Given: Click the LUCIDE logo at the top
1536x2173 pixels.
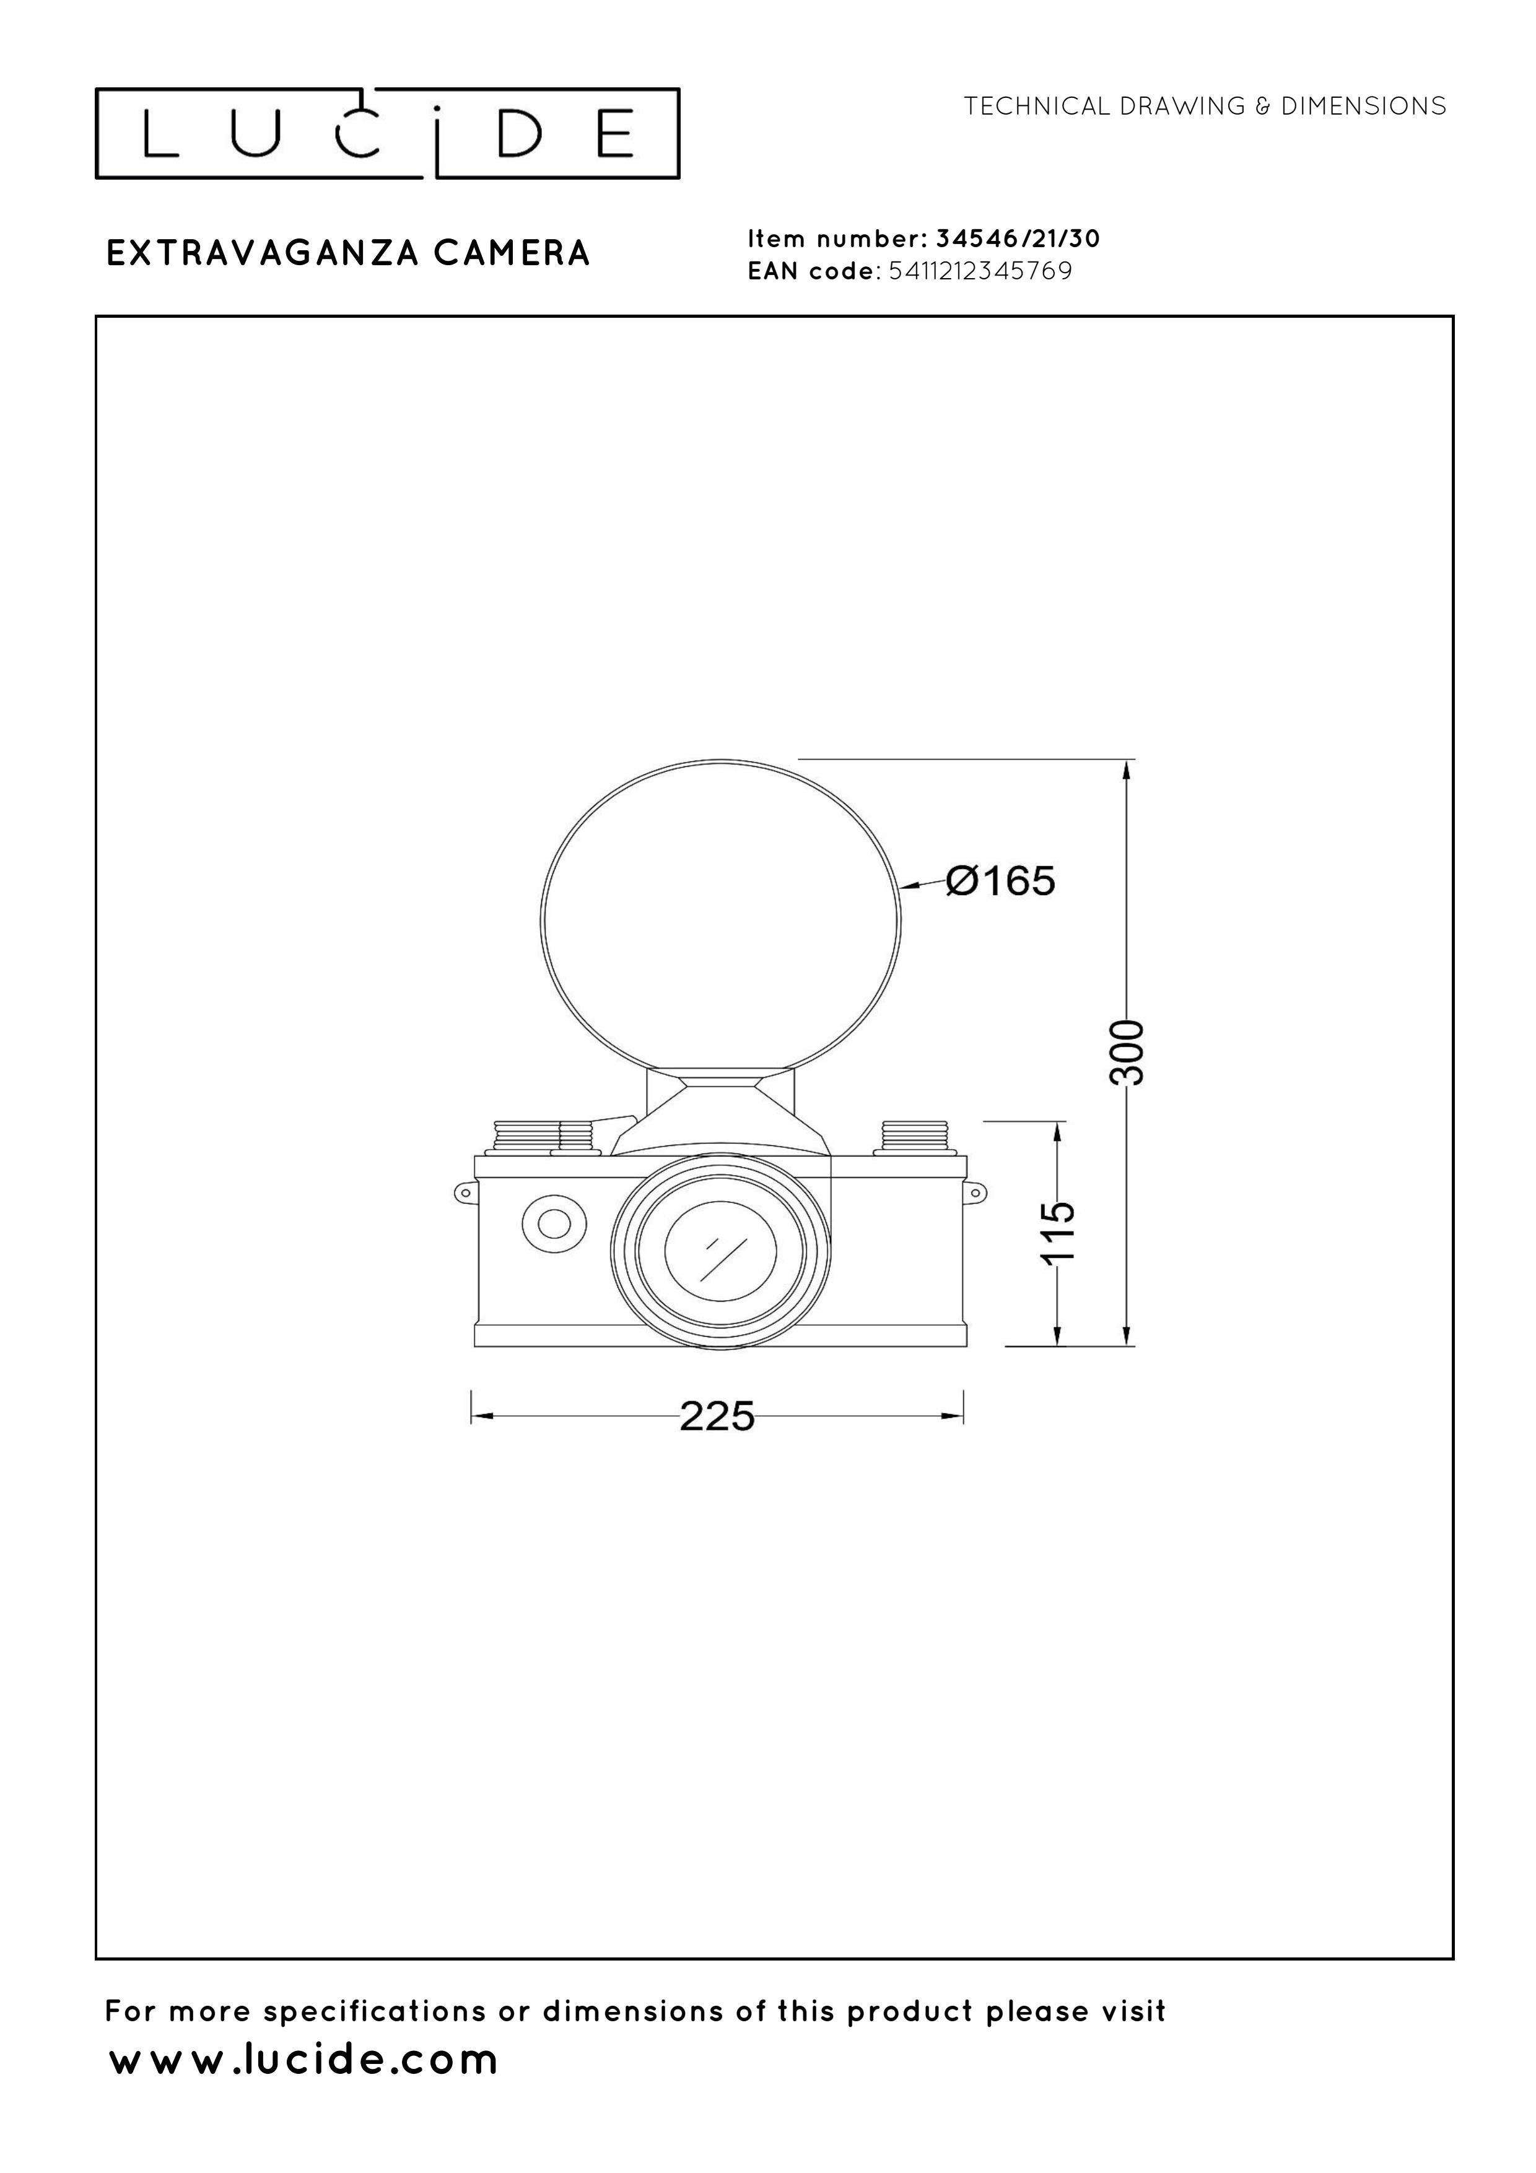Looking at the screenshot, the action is coord(388,133).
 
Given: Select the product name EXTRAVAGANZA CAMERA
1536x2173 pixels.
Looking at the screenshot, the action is coord(348,253).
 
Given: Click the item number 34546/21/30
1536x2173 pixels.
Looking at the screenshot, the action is coord(1018,238).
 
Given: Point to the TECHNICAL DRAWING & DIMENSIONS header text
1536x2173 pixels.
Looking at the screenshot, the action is coord(1205,106).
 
